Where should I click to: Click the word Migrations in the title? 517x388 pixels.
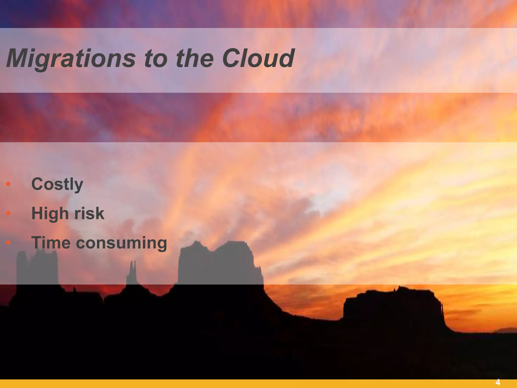tap(71, 59)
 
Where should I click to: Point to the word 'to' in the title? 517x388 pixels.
tap(156, 59)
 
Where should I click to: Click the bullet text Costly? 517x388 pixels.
tap(57, 184)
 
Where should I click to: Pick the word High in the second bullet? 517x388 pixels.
tap(50, 213)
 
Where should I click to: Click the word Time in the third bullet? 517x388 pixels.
tap(51, 243)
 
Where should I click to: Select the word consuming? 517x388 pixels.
tap(121, 243)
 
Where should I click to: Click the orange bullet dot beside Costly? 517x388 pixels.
tap(8, 184)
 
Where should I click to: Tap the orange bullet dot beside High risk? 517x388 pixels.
tap(8, 213)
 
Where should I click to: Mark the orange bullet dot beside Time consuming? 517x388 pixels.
tap(8, 243)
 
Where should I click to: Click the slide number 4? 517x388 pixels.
tap(498, 382)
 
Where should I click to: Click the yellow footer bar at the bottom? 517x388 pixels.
tap(252, 384)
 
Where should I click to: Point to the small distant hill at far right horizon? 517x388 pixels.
tap(504, 330)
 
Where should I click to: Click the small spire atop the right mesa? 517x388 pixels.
tap(399, 288)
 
